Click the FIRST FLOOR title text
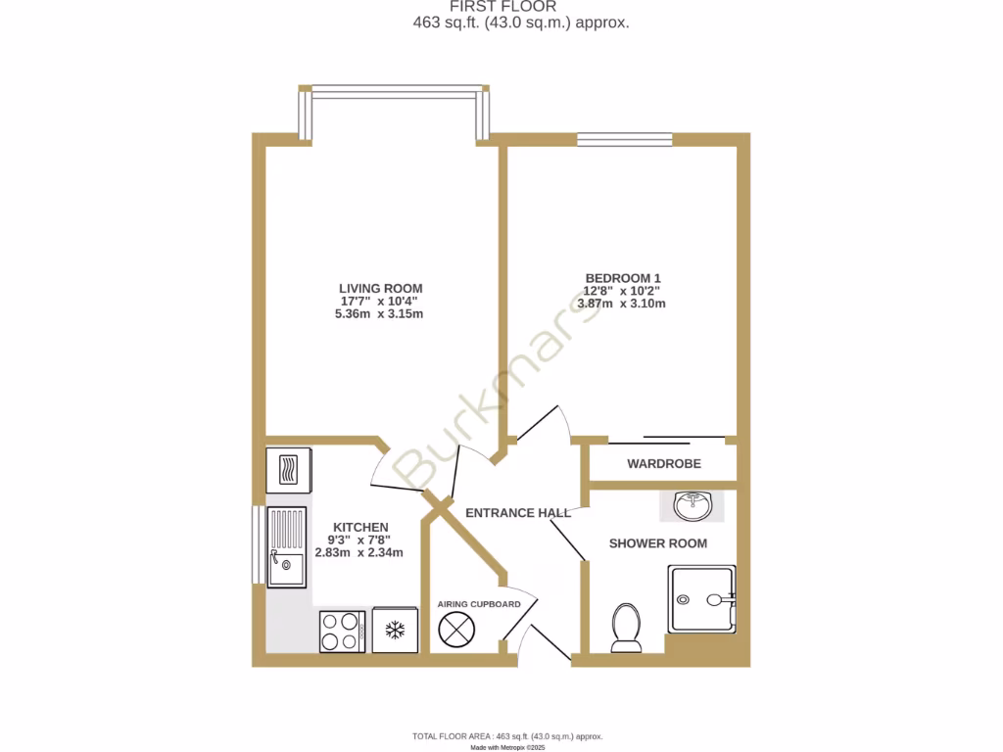coord(502,7)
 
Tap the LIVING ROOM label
coord(381,288)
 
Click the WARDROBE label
coord(664,464)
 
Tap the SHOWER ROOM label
coord(657,543)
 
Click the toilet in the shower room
coord(625,627)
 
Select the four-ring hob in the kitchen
coord(342,631)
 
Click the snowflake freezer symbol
coord(395,631)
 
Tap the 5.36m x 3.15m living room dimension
coord(381,314)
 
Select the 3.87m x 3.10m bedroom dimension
coord(622,304)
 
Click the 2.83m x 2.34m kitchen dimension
coord(359,552)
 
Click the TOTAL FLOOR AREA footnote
coord(507,736)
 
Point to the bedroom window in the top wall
coord(624,139)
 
